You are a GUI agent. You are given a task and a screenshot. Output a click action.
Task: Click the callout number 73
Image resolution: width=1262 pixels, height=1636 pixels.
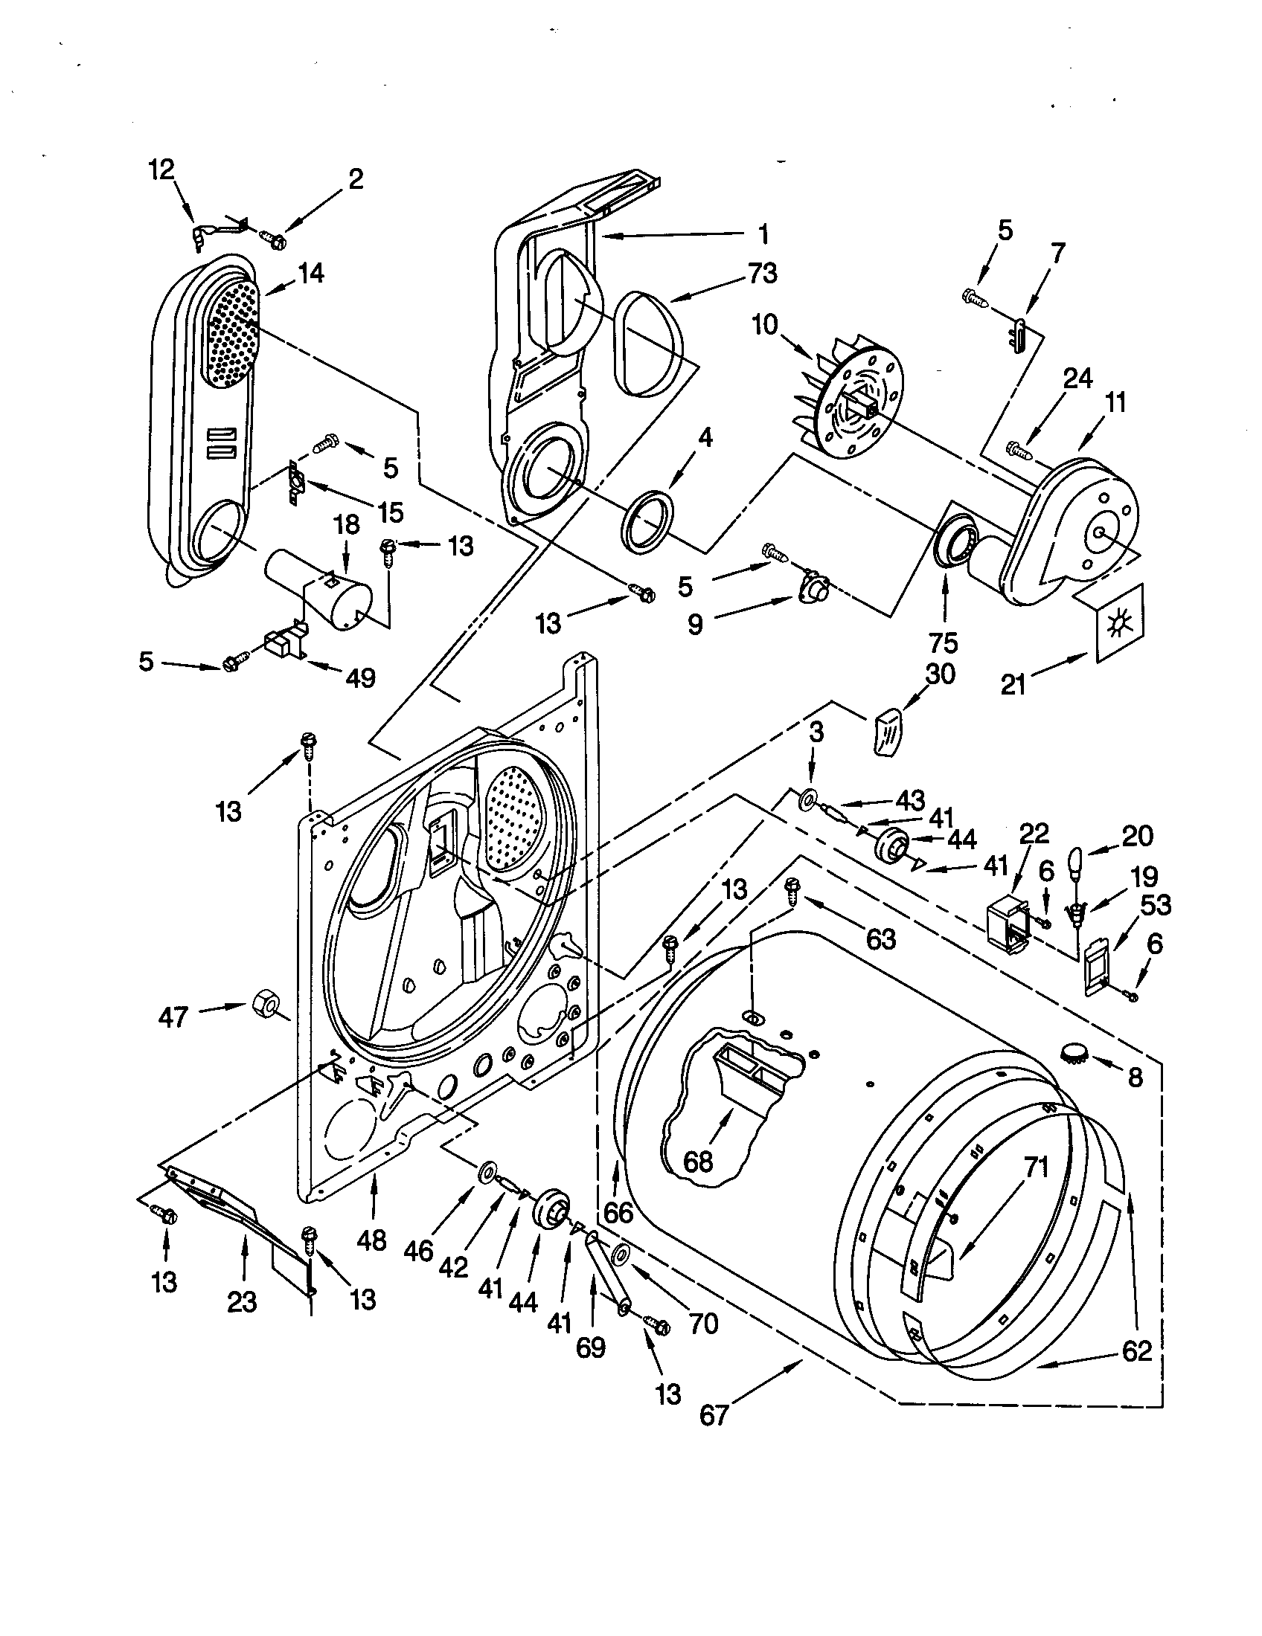[762, 274]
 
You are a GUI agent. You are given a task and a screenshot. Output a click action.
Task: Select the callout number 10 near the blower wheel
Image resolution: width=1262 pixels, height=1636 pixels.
[766, 325]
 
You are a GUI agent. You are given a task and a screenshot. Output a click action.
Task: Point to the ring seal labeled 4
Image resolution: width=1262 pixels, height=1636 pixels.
[647, 522]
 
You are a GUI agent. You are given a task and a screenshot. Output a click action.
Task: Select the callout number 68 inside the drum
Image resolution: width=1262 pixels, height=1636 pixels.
[698, 1162]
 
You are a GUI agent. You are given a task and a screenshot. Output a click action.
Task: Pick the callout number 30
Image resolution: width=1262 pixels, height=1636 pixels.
[940, 674]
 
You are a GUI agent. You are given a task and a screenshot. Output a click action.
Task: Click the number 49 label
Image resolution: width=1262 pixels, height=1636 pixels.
[359, 678]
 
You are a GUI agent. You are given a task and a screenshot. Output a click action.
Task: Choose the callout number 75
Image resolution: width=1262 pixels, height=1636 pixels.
[943, 642]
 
